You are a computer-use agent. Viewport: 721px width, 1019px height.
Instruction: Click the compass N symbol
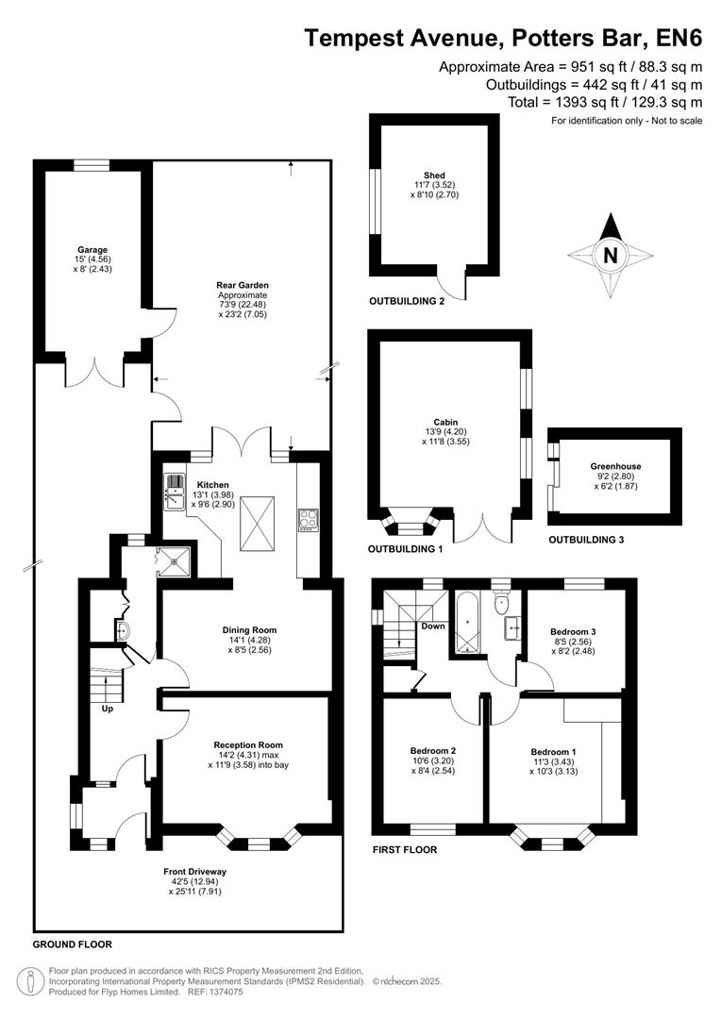[611, 255]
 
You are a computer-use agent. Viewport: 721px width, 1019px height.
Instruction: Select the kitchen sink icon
[176, 489]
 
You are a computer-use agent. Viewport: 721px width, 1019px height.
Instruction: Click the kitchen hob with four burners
[309, 518]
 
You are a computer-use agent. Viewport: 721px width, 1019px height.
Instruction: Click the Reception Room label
[248, 744]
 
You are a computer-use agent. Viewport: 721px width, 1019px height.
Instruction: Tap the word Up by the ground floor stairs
[107, 709]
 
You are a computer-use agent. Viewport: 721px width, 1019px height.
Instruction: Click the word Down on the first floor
[433, 626]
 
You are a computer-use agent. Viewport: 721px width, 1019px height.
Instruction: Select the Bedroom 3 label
[573, 631]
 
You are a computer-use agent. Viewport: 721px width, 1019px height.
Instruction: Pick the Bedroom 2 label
[434, 750]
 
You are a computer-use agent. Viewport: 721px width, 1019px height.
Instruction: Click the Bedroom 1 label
[553, 750]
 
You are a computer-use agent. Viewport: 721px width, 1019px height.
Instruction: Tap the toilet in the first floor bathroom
[502, 602]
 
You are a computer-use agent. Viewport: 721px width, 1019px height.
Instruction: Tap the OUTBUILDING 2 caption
[407, 302]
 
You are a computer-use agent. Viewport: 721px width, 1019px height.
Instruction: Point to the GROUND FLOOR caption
[73, 944]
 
